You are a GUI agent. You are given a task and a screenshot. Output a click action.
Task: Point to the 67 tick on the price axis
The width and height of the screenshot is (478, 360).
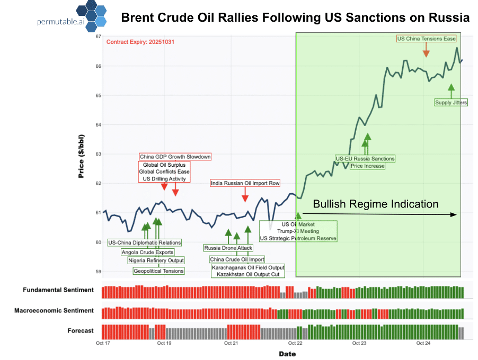click(x=98, y=37)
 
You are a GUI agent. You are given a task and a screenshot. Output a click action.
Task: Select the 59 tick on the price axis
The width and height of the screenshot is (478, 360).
click(x=98, y=272)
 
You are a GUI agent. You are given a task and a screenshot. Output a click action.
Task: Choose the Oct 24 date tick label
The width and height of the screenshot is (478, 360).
click(x=423, y=343)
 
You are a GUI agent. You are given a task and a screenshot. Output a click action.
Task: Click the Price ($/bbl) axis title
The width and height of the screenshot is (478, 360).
click(x=82, y=156)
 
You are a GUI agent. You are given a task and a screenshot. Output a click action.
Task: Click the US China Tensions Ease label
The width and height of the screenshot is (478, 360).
click(x=426, y=39)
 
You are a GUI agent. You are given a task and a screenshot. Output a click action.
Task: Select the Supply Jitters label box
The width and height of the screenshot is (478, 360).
click(x=451, y=102)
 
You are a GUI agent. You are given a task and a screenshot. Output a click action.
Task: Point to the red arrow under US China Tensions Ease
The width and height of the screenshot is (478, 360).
click(x=426, y=50)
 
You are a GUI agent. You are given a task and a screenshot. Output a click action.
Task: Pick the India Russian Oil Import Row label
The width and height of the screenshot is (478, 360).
click(x=245, y=183)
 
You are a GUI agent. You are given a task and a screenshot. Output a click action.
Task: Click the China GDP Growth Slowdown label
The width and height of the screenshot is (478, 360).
click(x=175, y=157)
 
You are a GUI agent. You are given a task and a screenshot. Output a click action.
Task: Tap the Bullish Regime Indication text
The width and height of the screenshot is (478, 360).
click(x=375, y=204)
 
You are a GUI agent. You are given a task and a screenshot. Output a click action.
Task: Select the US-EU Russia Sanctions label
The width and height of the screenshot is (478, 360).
click(x=365, y=158)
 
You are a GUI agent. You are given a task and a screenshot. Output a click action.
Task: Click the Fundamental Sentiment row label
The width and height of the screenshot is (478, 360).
click(x=58, y=290)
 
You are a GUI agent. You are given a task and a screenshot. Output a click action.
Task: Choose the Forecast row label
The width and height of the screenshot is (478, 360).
click(x=80, y=331)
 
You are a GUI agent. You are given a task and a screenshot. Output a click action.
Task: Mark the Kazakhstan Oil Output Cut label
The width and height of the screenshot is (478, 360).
click(x=248, y=274)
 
